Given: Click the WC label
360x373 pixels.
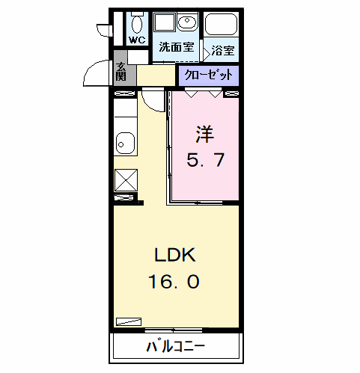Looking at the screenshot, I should point(137,40).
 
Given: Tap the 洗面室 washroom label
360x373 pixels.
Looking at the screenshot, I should point(176,46).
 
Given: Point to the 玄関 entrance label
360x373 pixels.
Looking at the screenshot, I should point(122,72).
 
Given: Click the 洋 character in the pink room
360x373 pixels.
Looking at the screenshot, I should point(205,135).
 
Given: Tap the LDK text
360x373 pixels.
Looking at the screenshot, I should point(175,256).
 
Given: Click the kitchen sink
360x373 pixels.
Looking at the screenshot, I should point(124,142).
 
